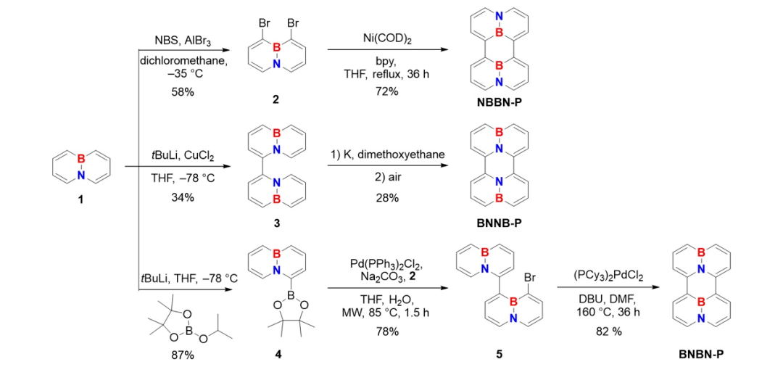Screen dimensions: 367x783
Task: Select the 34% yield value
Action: (183, 197)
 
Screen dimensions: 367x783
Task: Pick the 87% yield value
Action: (183, 355)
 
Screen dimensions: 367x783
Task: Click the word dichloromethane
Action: (183, 61)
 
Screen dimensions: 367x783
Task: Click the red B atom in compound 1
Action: (82, 157)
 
